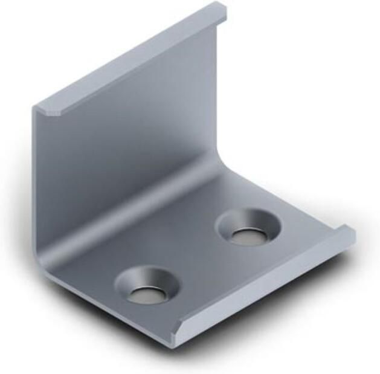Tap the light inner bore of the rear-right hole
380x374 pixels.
tap(249, 236)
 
